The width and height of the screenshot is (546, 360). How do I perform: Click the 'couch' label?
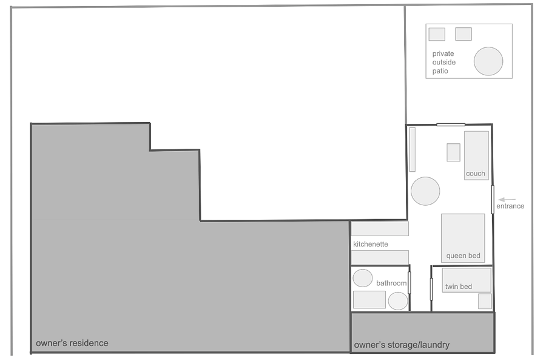click(x=475, y=174)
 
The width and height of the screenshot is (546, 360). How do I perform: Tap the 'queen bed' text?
click(x=463, y=256)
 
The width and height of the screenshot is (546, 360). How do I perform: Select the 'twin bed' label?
click(x=458, y=287)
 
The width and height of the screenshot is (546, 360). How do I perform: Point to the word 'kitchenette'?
click(x=371, y=244)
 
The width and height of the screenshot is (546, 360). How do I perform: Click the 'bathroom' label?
click(x=391, y=284)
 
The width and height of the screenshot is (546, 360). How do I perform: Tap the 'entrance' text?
click(x=510, y=206)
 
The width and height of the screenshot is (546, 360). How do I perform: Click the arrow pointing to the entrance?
click(x=507, y=200)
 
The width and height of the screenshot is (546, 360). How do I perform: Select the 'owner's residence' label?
click(x=72, y=343)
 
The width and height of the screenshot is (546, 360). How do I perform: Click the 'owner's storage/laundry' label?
click(x=402, y=345)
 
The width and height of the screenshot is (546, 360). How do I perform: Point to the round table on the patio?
click(x=488, y=61)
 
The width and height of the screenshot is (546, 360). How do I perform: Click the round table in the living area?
click(x=425, y=191)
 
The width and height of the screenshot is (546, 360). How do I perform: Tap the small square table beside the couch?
click(x=453, y=152)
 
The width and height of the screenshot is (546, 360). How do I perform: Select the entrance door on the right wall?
click(x=493, y=199)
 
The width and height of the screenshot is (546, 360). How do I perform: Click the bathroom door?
click(x=409, y=283)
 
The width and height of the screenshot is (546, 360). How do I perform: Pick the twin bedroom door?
click(x=431, y=289)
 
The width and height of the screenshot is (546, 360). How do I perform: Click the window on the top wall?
click(x=451, y=124)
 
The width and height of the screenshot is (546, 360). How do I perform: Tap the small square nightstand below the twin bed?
click(x=485, y=301)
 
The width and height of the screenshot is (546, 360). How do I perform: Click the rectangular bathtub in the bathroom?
click(x=369, y=300)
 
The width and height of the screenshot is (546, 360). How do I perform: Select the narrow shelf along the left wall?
click(x=413, y=149)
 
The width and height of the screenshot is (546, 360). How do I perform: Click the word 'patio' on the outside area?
click(x=440, y=71)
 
